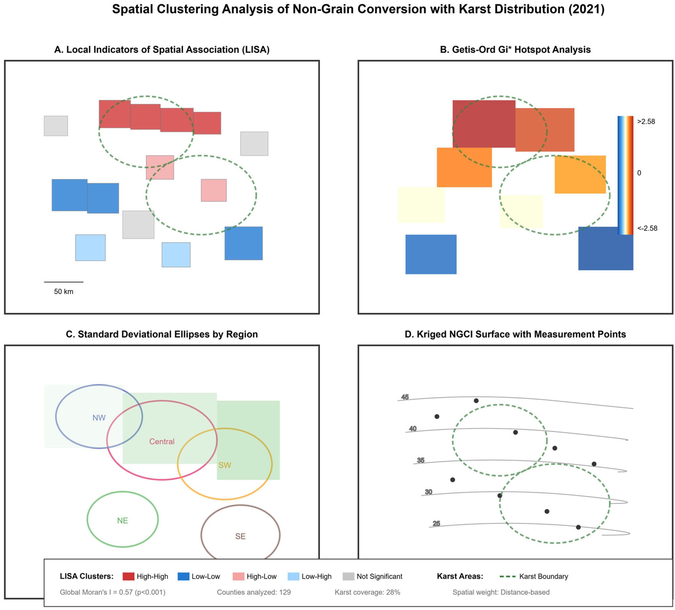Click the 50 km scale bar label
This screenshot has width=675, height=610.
click(x=64, y=292)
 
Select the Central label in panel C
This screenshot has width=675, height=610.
click(x=162, y=441)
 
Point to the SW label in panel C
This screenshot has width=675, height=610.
click(x=225, y=465)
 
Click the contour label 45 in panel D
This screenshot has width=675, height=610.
click(x=405, y=397)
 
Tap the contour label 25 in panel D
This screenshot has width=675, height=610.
click(x=436, y=524)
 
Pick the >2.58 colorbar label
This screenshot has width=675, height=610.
click(x=646, y=122)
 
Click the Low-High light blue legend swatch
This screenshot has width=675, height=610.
click(x=293, y=576)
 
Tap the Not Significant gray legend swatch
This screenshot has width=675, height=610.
click(x=348, y=576)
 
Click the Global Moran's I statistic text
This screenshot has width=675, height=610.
click(x=112, y=592)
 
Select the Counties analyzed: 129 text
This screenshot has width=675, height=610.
click(x=254, y=592)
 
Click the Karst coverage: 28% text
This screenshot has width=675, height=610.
click(x=367, y=592)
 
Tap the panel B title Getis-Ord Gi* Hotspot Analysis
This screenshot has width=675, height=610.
click(x=515, y=50)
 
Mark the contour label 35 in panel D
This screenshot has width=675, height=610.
click(x=420, y=460)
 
